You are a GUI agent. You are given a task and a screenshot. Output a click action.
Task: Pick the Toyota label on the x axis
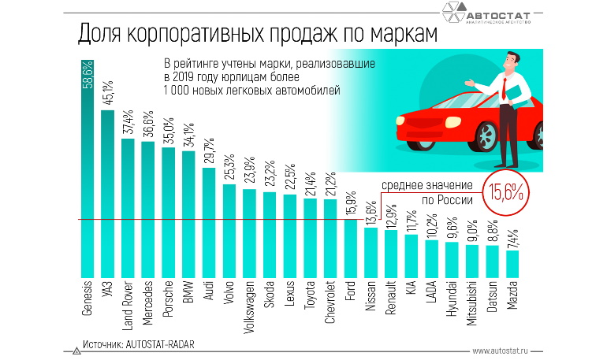310,295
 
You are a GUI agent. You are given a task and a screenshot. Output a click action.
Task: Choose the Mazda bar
513,262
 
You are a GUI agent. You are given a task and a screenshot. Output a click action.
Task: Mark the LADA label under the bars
432,293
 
